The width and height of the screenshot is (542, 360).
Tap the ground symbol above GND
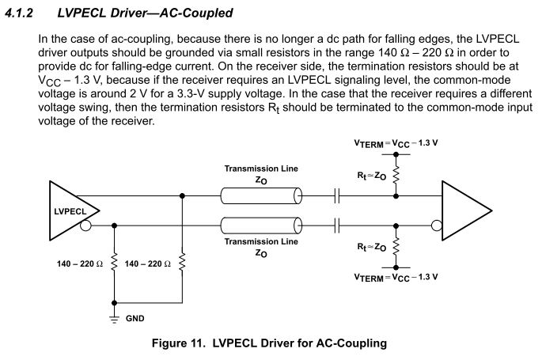coord(115,316)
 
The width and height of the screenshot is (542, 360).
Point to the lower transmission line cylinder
coord(262,225)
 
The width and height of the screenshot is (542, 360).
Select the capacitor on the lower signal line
coord(339,225)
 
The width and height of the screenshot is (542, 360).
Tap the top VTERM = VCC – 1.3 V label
coord(396,145)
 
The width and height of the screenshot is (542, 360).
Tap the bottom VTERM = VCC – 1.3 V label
coord(396,277)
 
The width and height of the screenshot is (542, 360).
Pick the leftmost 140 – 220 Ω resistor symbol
coord(115,262)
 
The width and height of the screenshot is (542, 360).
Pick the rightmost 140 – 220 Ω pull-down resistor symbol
coord(183,262)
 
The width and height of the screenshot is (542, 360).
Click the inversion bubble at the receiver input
coord(434,225)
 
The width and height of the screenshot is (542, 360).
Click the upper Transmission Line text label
coord(260,169)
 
